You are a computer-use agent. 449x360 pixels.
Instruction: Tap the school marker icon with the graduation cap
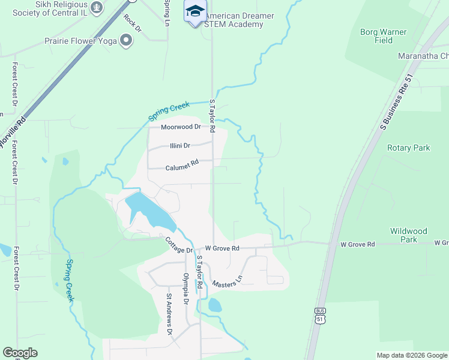pos(195,11)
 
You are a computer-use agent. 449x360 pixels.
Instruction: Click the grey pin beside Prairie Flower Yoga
pos(126,41)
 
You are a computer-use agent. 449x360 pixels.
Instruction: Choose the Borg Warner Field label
pos(384,36)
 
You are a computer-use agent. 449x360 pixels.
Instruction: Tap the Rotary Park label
pos(409,148)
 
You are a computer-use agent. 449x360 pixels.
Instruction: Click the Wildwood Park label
pos(409,235)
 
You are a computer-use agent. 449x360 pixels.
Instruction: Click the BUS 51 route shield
pos(319,315)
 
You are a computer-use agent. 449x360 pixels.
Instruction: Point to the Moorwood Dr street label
pos(180,127)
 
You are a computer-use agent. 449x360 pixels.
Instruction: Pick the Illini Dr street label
pos(179,145)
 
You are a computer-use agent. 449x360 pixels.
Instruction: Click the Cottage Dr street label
pos(179,245)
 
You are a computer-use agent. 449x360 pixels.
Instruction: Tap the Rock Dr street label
pos(132,23)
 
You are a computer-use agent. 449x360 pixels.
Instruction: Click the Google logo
pos(20,353)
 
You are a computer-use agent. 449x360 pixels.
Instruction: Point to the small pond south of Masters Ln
pos(214,305)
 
